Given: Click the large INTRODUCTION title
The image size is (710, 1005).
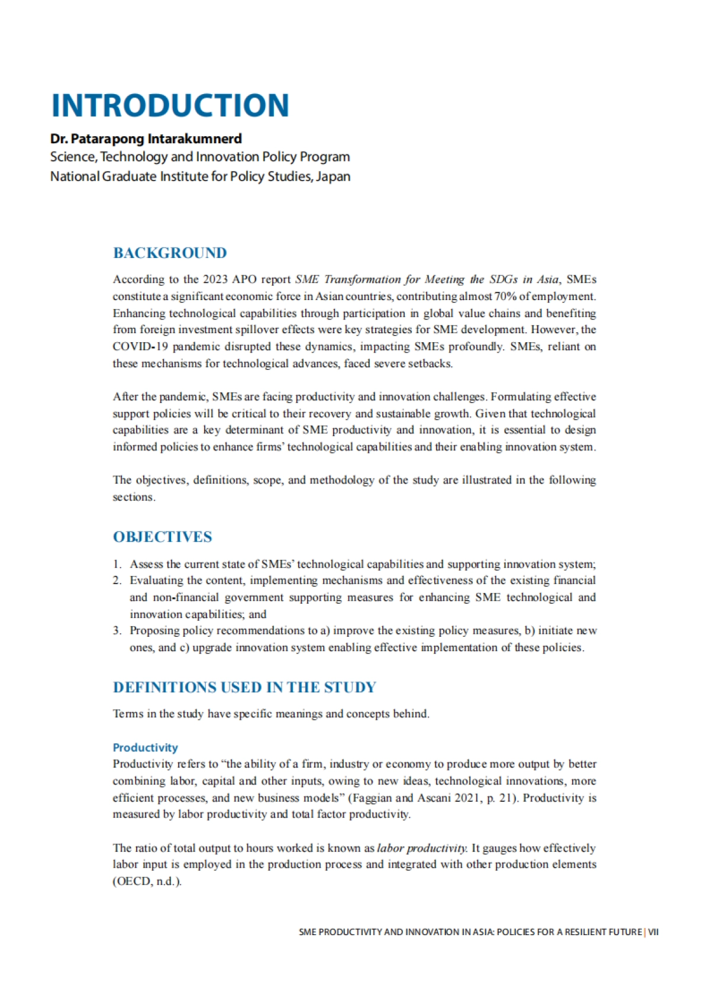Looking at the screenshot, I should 170,105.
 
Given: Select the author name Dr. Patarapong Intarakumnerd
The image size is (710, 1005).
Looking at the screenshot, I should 146,139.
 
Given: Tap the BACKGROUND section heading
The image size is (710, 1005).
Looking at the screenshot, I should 170,253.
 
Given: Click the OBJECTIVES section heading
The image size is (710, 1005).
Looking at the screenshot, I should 162,537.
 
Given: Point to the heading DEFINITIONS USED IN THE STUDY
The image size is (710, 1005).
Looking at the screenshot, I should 244,687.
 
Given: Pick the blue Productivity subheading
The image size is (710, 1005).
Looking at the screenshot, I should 145,748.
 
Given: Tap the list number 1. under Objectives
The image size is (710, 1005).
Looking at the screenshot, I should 117,564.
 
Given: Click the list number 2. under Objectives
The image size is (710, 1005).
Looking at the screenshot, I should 117,581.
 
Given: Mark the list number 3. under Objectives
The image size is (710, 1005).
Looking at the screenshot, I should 117,631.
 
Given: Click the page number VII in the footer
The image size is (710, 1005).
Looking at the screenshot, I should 653,932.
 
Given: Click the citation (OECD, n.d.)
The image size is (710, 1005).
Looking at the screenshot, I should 147,881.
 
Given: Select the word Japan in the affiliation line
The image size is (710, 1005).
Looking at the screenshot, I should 333,176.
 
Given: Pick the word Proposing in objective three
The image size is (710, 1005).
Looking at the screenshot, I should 155,631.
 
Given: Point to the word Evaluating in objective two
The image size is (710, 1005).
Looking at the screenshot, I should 157,581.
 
